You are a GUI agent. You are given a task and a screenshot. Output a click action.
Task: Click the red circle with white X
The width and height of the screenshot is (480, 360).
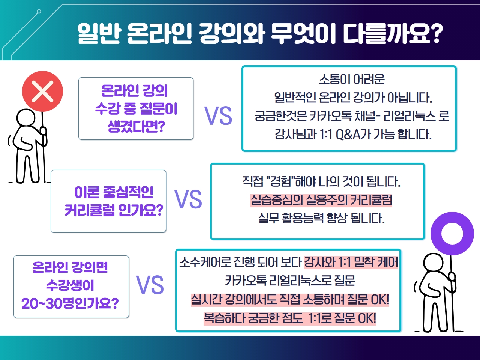(x=42, y=91)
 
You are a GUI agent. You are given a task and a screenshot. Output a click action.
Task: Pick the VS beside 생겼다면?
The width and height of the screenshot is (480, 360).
(x=218, y=115)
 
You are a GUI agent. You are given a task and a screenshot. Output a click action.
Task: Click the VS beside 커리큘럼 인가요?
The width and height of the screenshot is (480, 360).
(x=188, y=199)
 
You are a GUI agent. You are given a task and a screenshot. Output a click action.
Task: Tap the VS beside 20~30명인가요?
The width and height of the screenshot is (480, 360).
(x=150, y=285)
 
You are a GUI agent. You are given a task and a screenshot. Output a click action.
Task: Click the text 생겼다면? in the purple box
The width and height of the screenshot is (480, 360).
(x=136, y=126)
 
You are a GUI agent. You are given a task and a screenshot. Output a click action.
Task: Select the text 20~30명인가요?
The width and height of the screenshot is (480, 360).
(x=70, y=303)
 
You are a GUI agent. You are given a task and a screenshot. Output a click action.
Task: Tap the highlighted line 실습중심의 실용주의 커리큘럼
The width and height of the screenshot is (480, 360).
(x=321, y=200)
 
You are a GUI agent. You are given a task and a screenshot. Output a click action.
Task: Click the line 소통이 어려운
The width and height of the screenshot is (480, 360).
(x=352, y=79)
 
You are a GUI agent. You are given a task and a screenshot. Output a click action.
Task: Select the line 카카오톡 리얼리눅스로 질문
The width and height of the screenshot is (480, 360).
(x=290, y=280)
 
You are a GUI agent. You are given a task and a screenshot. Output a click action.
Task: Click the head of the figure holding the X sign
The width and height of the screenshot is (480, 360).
(x=26, y=118)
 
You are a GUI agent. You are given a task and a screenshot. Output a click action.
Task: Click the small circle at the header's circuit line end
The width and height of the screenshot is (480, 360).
(x=39, y=11)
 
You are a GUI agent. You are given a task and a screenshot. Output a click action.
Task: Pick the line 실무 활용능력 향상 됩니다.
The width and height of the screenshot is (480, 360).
(x=321, y=218)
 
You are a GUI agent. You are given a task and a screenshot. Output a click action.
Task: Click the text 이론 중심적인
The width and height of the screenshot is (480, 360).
(x=114, y=192)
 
